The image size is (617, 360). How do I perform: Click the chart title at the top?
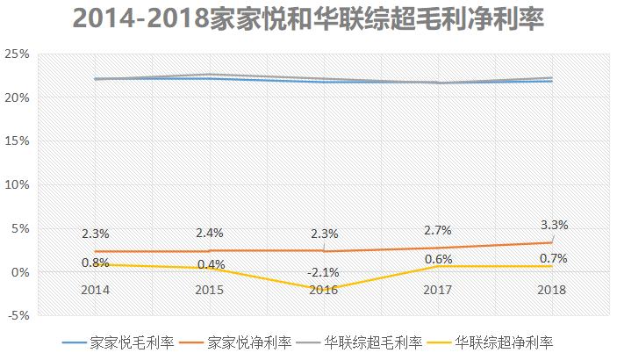click(x=308, y=18)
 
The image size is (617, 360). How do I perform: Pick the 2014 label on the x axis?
click(x=95, y=289)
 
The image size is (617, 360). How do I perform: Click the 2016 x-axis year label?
click(x=323, y=289)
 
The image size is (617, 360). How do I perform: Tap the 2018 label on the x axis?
click(x=552, y=289)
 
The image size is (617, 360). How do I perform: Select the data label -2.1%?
click(x=323, y=272)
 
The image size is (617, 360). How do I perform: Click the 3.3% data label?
click(x=554, y=225)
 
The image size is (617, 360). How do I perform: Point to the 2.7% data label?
click(x=437, y=231)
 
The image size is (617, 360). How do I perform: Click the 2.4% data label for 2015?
click(x=209, y=234)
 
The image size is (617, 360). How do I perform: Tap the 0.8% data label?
click(x=95, y=262)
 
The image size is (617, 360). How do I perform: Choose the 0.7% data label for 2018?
click(x=553, y=258)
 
